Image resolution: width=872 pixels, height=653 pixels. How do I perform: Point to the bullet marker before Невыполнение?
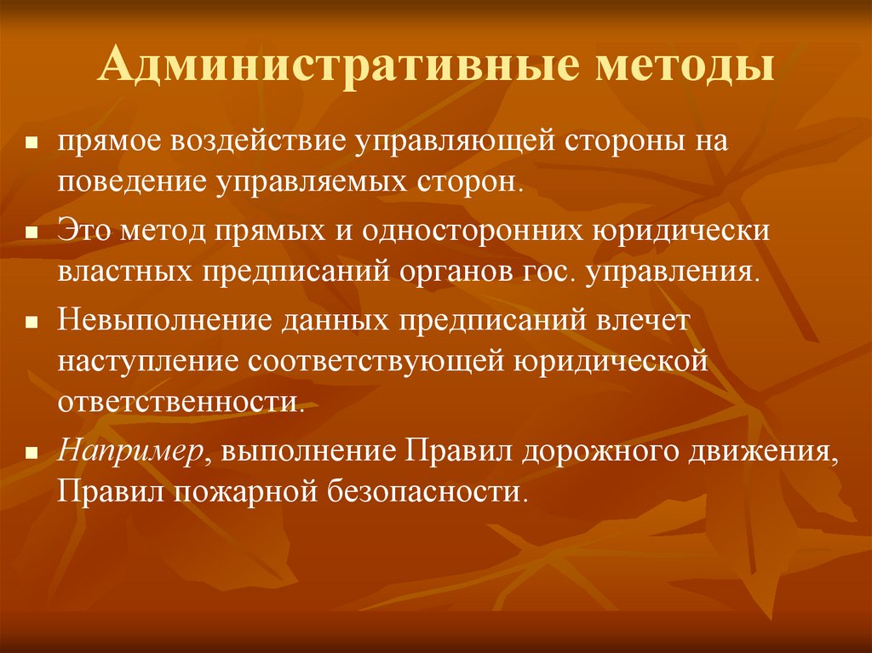tap(30, 323)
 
